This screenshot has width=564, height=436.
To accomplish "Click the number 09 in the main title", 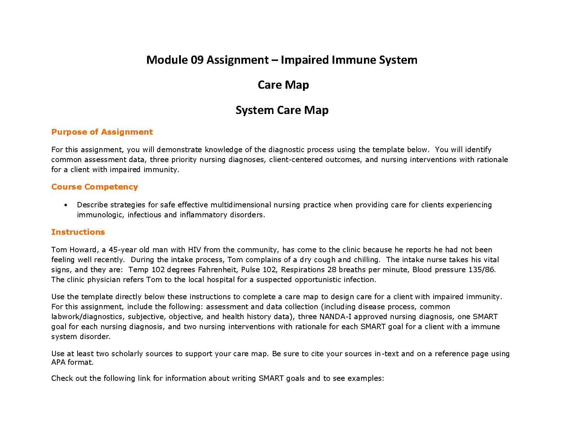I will tap(197, 60).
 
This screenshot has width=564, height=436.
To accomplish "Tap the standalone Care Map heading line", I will tap(283, 85).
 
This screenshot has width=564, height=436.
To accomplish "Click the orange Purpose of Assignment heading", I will tap(102, 132).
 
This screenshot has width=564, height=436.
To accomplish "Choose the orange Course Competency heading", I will tap(94, 187).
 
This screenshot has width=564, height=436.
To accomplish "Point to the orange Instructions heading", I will tap(78, 232).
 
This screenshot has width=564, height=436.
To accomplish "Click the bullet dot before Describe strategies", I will tap(66, 205).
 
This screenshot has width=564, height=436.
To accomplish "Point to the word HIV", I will tap(194, 250).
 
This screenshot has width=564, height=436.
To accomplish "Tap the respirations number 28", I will tap(332, 270).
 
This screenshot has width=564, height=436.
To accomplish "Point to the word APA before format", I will tap(58, 362).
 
